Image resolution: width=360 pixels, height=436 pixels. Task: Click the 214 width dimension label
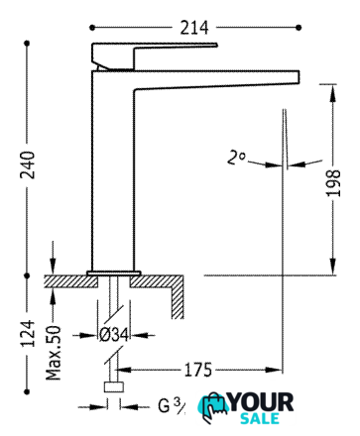(x=194, y=28)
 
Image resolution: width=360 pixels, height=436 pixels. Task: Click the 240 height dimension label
(x=28, y=164)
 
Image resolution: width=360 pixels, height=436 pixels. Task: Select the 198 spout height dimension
(x=333, y=183)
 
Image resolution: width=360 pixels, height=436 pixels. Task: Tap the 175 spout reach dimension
(x=198, y=370)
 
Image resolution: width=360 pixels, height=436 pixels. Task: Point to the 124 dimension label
(x=28, y=333)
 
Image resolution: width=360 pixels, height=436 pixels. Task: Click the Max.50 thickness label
(x=54, y=353)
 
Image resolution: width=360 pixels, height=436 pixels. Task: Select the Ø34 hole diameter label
(x=114, y=335)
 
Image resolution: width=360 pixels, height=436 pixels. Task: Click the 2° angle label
(x=236, y=158)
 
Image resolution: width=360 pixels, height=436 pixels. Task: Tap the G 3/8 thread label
(x=172, y=405)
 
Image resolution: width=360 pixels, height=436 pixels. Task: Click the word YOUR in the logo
(x=261, y=402)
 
